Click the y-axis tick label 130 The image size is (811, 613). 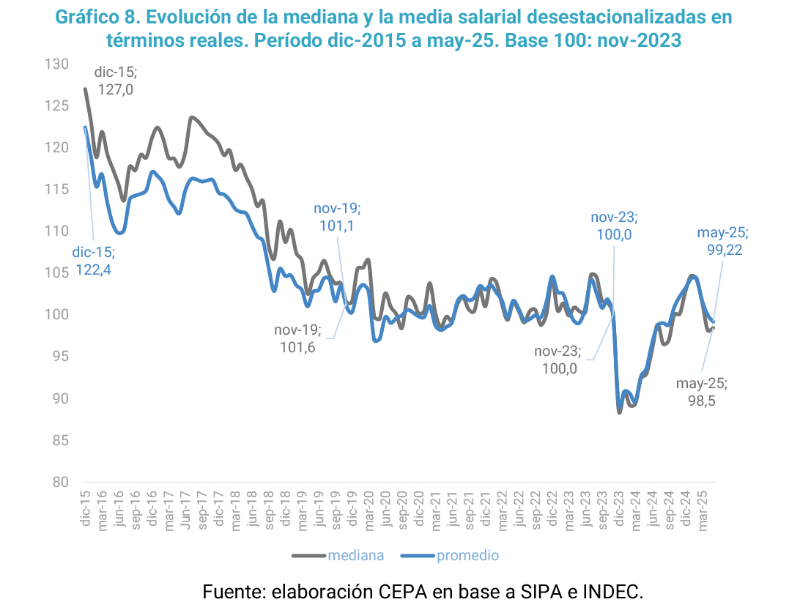(x=58, y=64)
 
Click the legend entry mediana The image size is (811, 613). (x=355, y=555)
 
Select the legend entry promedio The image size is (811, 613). (x=467, y=555)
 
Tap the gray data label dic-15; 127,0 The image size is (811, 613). (x=116, y=81)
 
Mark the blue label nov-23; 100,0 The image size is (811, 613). (x=614, y=226)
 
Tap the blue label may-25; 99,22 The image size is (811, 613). (x=722, y=242)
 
